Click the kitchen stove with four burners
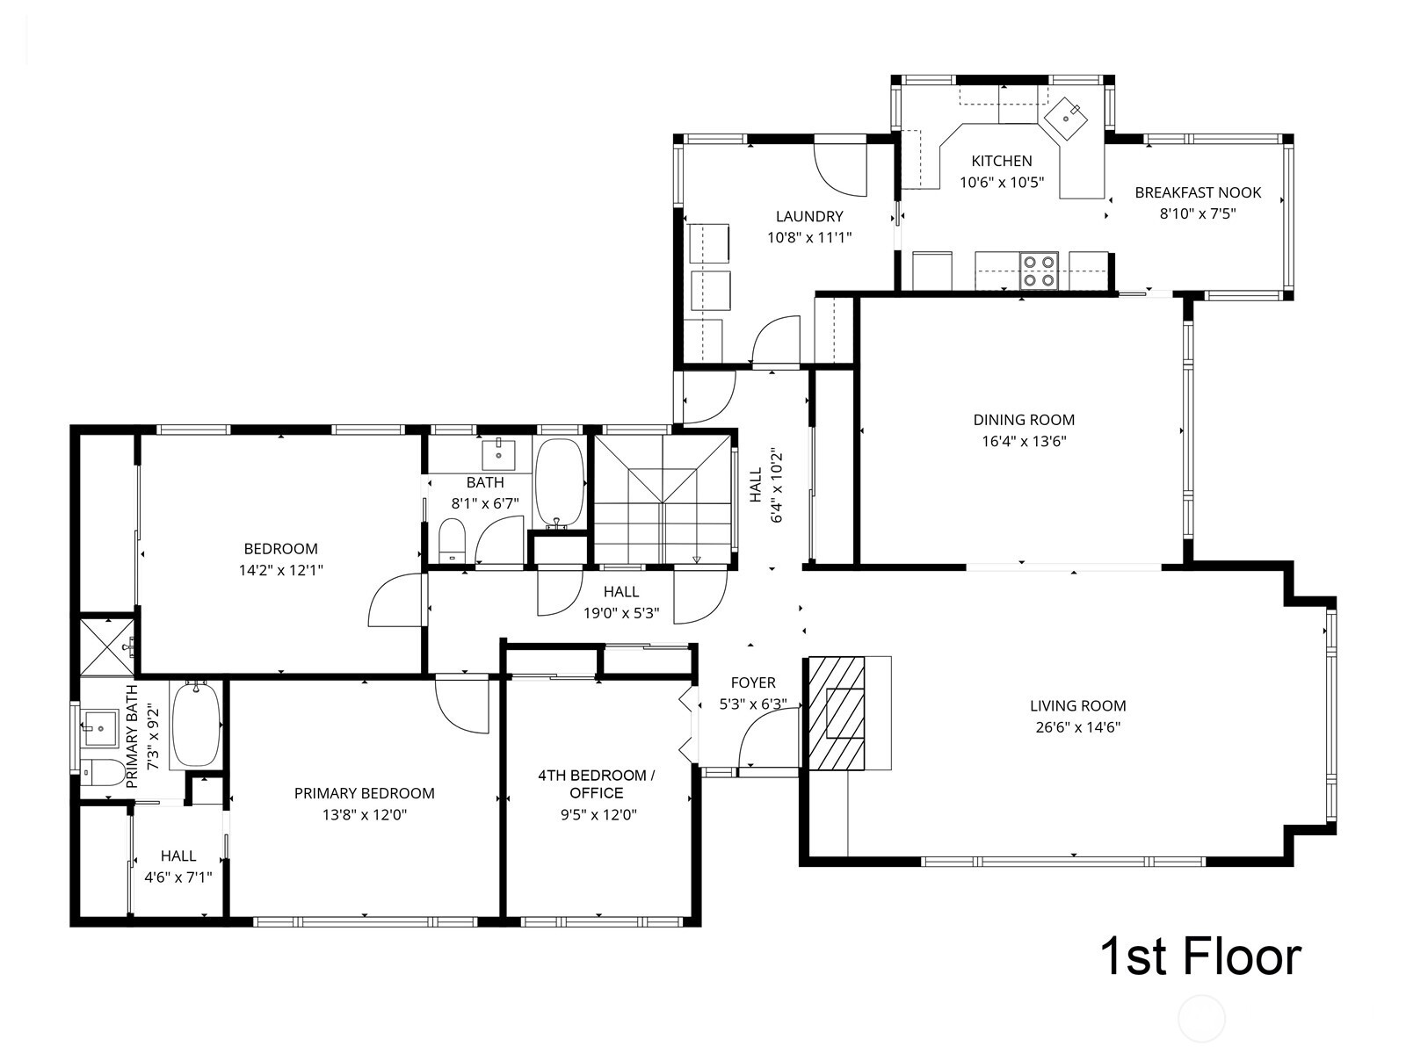click(x=1039, y=271)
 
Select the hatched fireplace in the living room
click(x=836, y=713)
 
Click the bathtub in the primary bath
click(x=195, y=725)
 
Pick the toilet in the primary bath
click(x=102, y=772)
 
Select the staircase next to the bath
click(x=663, y=497)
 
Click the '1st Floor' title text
click(x=1199, y=957)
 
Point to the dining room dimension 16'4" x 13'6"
click(x=1024, y=442)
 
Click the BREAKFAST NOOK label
click(x=1198, y=192)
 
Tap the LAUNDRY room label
click(x=809, y=216)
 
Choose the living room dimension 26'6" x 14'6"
click(x=1077, y=727)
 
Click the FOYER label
click(x=753, y=682)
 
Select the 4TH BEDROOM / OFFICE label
click(x=597, y=783)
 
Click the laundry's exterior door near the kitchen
click(x=840, y=167)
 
